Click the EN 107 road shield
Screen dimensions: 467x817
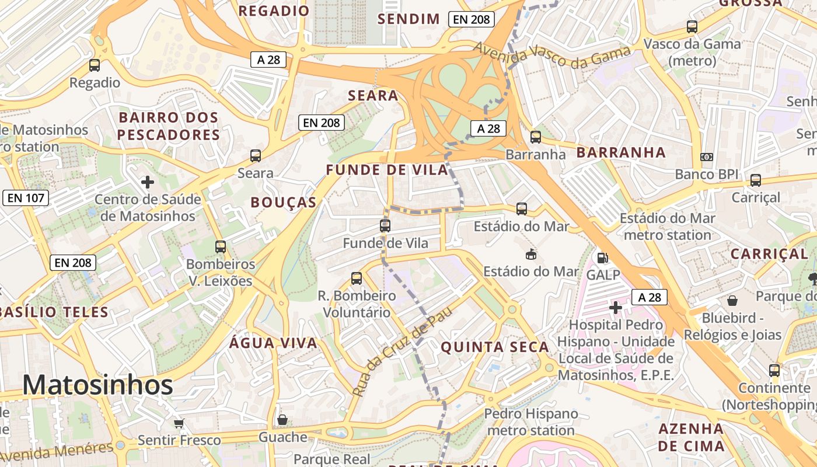pos(26,198)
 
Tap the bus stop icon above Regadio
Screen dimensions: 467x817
pos(95,65)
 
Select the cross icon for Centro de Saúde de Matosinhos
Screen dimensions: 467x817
pos(148,182)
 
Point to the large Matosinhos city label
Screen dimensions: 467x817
pos(97,385)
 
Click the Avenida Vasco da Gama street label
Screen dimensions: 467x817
pos(552,57)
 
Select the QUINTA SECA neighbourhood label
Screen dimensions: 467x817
pos(495,347)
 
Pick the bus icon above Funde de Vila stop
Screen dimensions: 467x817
pos(385,226)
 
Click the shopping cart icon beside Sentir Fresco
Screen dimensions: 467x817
pos(179,423)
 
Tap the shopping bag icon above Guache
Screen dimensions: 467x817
pos(282,420)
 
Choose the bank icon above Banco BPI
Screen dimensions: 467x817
pos(707,157)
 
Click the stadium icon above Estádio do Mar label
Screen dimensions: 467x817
pos(531,254)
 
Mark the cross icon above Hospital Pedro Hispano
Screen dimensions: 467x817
pos(616,307)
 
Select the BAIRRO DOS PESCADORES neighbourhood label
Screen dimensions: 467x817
pos(168,126)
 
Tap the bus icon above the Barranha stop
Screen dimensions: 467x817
pos(536,137)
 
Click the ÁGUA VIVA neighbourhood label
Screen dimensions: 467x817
pos(273,343)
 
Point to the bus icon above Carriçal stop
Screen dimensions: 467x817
pos(756,180)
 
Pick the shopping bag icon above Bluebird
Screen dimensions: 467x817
pos(732,301)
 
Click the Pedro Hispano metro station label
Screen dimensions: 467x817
pos(530,422)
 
